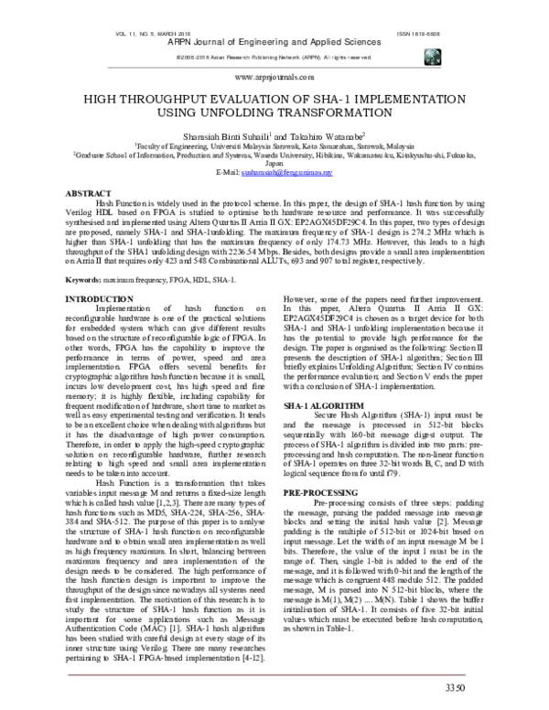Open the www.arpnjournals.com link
274,79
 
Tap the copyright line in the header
274,58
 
